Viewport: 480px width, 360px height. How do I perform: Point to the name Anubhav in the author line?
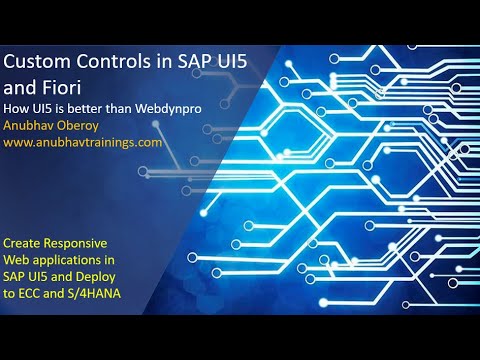31,125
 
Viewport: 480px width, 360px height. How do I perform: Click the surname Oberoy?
85,125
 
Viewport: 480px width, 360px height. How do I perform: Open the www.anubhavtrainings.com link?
82,142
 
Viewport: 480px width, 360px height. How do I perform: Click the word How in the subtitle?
17,107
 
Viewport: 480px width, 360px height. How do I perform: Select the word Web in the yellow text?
19,259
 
